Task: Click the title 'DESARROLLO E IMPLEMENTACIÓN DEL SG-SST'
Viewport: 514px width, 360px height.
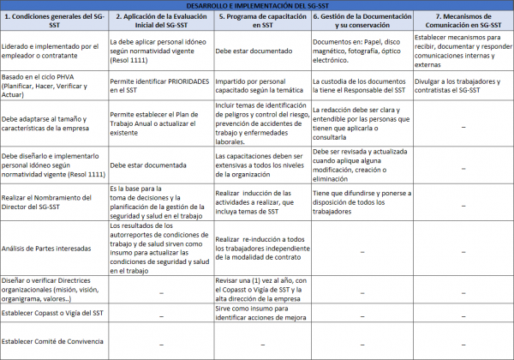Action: pos(257,5)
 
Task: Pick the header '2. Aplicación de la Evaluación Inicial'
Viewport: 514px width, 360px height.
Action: pos(159,21)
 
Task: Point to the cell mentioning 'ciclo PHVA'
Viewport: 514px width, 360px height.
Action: pos(51,85)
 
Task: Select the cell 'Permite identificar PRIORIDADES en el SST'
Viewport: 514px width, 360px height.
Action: pos(159,85)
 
